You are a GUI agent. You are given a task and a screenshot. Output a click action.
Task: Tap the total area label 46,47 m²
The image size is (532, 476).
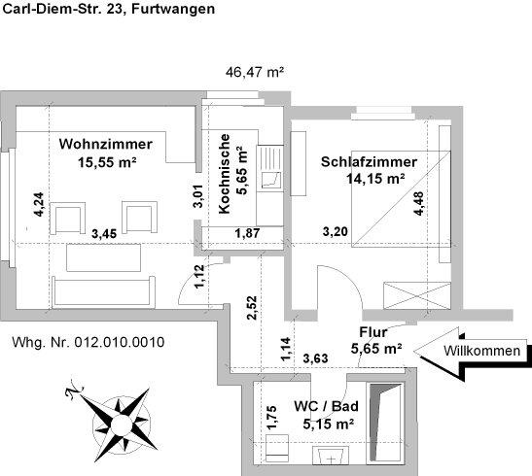coord(254,72)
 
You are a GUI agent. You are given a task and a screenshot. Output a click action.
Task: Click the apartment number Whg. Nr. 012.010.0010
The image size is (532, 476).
coord(88,342)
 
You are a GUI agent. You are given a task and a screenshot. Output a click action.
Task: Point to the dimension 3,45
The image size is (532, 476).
coord(104,233)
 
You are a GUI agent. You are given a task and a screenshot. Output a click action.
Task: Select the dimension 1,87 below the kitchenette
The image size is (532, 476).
coord(247,232)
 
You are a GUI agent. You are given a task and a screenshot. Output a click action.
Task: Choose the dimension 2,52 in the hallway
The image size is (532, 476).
coord(252,306)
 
